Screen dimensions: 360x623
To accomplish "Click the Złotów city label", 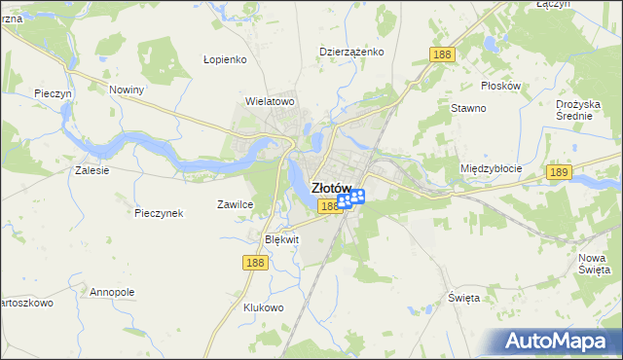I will pos(330,188).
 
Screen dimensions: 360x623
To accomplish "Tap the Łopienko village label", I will pos(226,58).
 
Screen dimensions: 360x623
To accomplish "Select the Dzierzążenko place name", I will pos(351,52).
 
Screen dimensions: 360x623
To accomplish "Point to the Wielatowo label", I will pos(270,100).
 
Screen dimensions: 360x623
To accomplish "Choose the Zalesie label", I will pos(92,169).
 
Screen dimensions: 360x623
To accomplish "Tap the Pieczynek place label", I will pos(159,213).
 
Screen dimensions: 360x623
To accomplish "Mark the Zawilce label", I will pos(235,204).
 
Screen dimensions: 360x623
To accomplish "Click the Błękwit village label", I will pos(282,238).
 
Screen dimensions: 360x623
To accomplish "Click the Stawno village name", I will pos(467,108).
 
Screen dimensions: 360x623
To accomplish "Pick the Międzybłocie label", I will pos(491,168).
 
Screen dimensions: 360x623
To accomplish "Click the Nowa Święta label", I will pos(593,262).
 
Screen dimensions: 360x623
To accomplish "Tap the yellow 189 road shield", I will pos(558,172).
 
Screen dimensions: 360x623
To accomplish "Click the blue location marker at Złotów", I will pos(350,199).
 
